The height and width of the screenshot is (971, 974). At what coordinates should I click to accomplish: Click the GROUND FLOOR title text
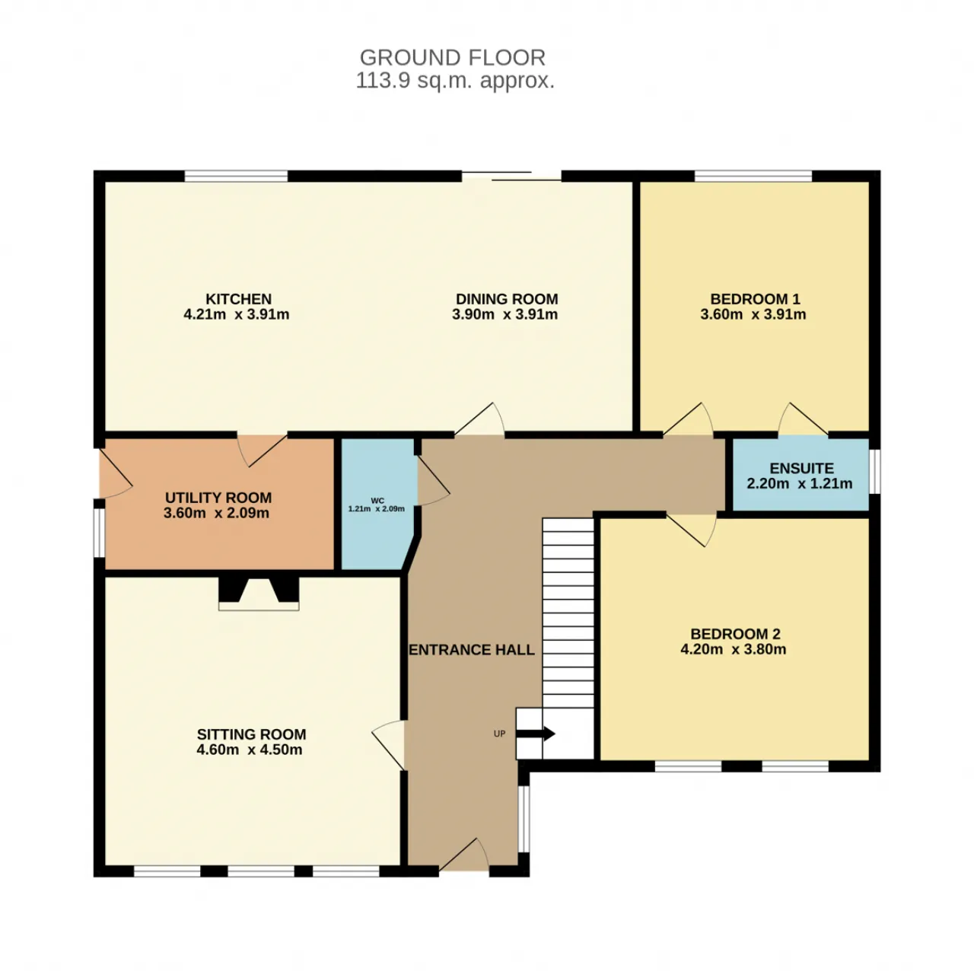(x=452, y=58)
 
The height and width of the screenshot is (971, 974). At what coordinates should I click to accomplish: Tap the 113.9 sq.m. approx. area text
(x=455, y=81)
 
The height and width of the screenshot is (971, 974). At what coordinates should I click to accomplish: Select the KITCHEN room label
(x=238, y=299)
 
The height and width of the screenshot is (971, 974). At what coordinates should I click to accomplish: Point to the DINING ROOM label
(x=507, y=299)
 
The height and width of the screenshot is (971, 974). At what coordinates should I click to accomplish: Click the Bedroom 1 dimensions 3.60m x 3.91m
(x=753, y=314)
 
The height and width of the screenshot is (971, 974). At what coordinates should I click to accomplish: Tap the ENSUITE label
(x=801, y=468)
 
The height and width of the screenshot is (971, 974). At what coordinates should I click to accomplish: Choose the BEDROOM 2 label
(x=735, y=634)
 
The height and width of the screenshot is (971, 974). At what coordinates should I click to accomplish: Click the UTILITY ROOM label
(x=218, y=498)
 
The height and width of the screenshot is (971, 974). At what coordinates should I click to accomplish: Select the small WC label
(x=377, y=501)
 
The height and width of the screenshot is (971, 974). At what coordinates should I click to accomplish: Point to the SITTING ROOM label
(x=251, y=734)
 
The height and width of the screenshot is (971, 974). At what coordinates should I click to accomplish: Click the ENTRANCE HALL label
(x=471, y=650)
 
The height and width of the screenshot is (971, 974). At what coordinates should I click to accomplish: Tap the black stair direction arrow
(x=535, y=734)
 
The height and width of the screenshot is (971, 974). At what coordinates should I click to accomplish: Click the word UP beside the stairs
(x=499, y=734)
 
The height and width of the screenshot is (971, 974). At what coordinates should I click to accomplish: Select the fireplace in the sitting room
(x=258, y=592)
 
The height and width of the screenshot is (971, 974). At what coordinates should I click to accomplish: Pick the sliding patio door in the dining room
(x=511, y=177)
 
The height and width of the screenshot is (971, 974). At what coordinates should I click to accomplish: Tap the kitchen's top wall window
(x=236, y=177)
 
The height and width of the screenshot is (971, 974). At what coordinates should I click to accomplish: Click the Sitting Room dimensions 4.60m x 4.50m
(x=249, y=750)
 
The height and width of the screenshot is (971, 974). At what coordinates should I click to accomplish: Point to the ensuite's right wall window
(x=874, y=471)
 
